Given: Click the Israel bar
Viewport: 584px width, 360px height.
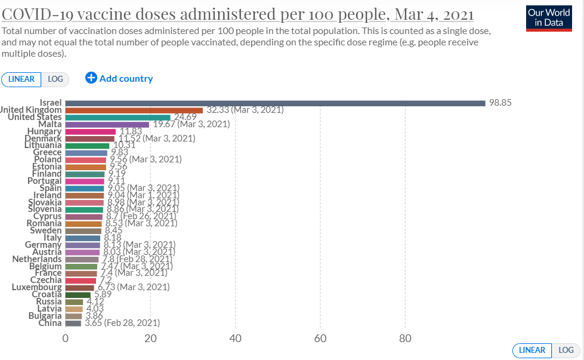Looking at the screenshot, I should (x=274, y=103).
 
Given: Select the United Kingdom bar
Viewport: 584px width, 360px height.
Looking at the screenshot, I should (x=134, y=110).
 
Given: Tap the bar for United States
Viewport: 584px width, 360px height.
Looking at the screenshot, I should (x=118, y=117).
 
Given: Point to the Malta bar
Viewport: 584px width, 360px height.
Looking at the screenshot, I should (x=107, y=124).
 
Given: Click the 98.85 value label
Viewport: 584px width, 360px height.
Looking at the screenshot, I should (x=500, y=103).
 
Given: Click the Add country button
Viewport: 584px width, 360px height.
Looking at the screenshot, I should (x=119, y=78).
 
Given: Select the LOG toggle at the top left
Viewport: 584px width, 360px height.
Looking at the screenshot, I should (x=55, y=79).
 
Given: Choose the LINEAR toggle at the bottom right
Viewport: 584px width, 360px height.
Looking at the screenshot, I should (x=532, y=350).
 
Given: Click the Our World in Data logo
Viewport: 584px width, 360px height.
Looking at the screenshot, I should (x=549, y=18).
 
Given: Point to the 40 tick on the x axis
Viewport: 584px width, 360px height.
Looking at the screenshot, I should (x=235, y=338).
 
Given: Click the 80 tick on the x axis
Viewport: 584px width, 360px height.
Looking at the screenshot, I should (x=405, y=338).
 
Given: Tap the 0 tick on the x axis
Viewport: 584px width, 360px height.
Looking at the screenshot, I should (x=66, y=338).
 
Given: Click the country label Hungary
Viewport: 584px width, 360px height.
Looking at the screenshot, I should (x=44, y=131).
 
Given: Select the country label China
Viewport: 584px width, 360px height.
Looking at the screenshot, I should (x=50, y=323).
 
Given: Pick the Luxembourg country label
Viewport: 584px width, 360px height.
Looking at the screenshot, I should (x=36, y=287).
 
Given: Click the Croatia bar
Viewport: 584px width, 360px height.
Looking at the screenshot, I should (x=78, y=294).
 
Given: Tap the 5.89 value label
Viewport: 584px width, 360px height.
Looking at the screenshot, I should (x=104, y=294).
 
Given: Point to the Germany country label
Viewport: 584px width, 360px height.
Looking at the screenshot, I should (x=43, y=245).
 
